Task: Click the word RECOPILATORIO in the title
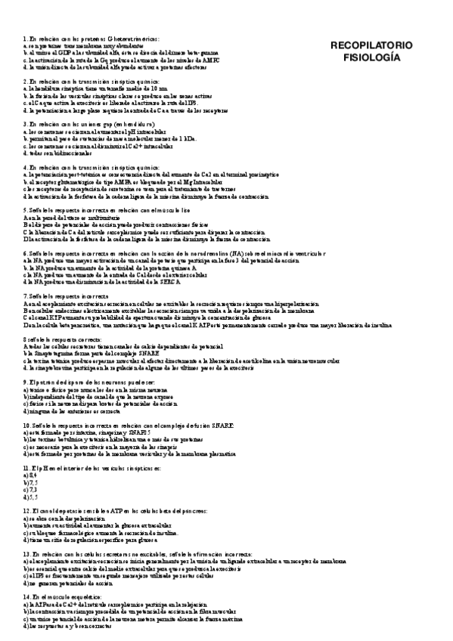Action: click(x=371, y=45)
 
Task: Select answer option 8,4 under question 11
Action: click(x=31, y=475)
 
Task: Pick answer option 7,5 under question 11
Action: click(x=31, y=482)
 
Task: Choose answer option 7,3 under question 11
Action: click(x=31, y=489)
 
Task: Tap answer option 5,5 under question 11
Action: click(x=31, y=497)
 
